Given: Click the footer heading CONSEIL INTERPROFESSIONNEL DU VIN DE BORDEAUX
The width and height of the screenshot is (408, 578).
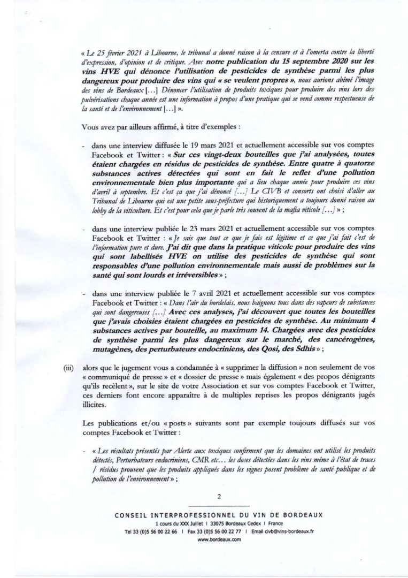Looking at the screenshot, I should coord(205,514).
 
